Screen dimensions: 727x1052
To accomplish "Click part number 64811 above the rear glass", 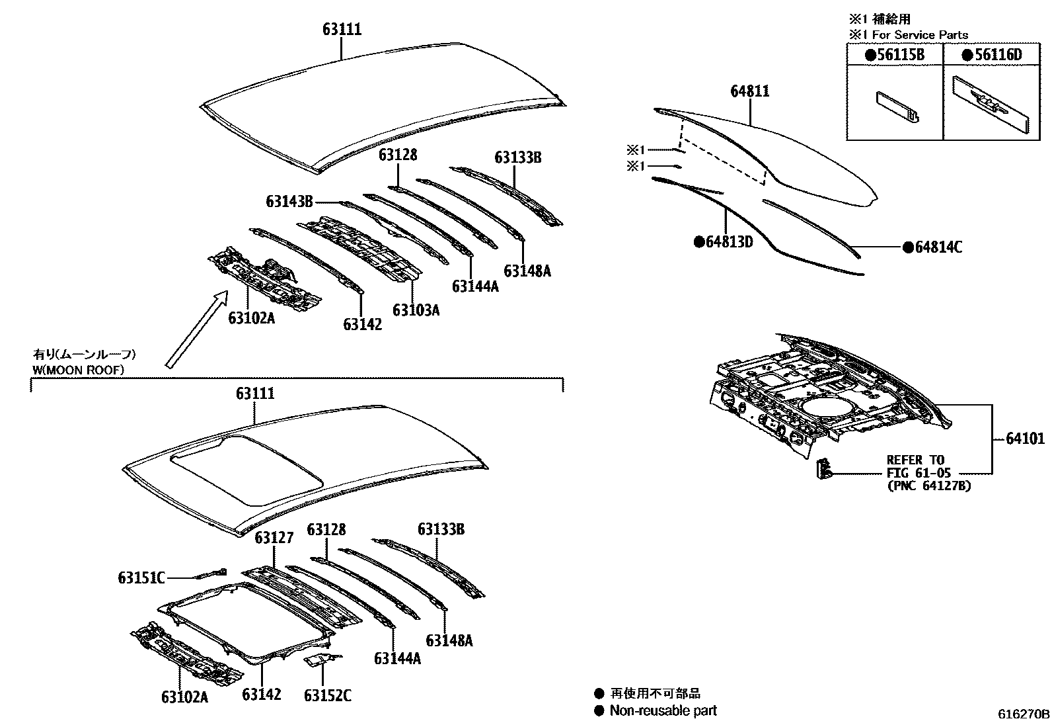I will [749, 91].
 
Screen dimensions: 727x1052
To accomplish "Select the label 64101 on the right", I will [1025, 439].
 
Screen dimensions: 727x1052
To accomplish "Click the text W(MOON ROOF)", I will [79, 370].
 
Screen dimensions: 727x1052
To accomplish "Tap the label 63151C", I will [141, 577].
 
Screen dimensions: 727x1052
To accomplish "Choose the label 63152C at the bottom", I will [327, 695].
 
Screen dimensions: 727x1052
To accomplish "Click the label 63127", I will [274, 537].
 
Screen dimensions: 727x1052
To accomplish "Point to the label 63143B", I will [289, 201].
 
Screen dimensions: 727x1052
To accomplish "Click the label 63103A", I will [416, 310].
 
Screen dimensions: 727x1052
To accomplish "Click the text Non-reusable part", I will [663, 710].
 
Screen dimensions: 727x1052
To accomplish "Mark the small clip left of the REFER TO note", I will [823, 468].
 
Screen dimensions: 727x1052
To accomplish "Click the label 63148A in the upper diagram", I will [527, 271].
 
